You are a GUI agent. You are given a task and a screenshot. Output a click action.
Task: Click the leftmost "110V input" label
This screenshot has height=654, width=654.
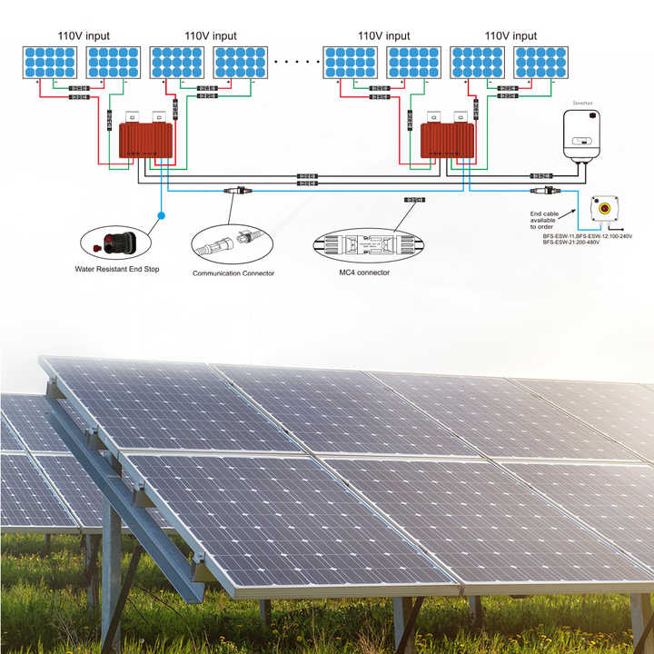pyautogui.click(x=84, y=36)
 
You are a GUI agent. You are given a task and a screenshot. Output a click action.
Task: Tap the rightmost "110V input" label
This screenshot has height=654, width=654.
pyautogui.click(x=510, y=36)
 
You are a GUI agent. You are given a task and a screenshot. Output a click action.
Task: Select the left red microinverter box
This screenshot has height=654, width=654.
pyautogui.click(x=145, y=139)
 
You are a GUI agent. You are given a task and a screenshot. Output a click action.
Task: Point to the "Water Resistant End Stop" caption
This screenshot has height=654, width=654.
pyautogui.click(x=117, y=269)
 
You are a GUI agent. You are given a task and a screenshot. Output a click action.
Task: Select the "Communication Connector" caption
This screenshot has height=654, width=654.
pyautogui.click(x=233, y=272)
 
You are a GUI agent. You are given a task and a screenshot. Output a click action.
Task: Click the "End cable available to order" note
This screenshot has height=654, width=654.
pyautogui.click(x=544, y=220)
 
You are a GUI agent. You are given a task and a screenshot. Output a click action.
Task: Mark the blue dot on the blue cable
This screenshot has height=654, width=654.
pyautogui.click(x=161, y=215)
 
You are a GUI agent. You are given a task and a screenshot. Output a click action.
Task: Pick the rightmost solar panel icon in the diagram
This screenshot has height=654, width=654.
pyautogui.click(x=541, y=62)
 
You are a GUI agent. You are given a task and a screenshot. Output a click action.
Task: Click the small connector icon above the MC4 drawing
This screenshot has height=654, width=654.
pyautogui.click(x=414, y=199)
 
